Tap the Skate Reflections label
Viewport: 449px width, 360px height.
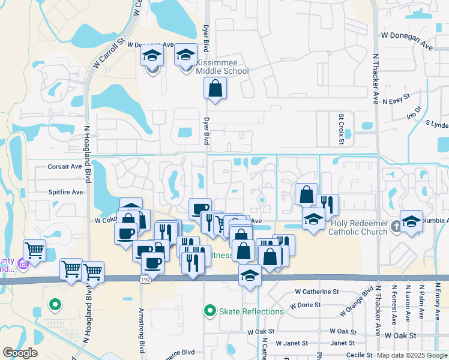tap(251, 311)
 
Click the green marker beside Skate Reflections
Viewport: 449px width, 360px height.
tap(209, 311)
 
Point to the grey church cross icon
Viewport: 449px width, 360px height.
tap(396, 227)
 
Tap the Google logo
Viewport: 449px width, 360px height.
tap(20, 353)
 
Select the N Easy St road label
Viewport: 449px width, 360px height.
tap(396, 97)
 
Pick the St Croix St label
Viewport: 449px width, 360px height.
tap(340, 128)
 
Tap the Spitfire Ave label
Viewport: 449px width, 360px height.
tap(65, 192)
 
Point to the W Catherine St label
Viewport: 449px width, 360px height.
tap(317, 292)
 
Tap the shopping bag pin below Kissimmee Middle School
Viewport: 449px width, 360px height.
tap(215, 89)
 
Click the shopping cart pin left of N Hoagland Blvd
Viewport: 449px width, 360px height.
tap(35, 250)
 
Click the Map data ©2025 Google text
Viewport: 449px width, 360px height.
tap(412, 355)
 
